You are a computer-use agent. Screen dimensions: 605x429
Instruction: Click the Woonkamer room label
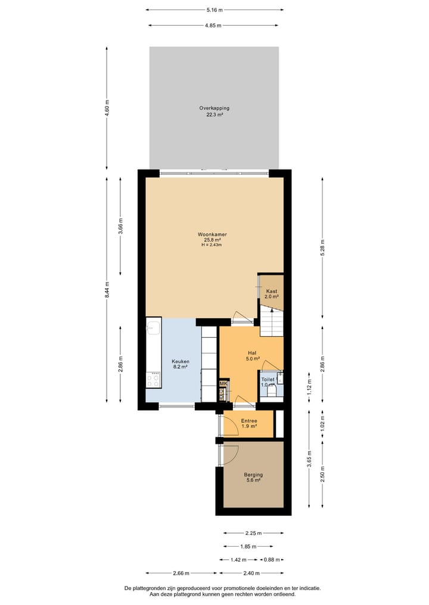(x=213, y=234)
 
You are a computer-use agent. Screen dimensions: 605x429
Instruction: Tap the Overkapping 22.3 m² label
(x=214, y=108)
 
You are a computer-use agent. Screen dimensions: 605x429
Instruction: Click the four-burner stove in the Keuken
(x=153, y=378)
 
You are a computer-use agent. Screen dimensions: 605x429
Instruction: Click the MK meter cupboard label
(x=223, y=384)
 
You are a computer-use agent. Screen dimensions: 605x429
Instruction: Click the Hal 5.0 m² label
(x=253, y=356)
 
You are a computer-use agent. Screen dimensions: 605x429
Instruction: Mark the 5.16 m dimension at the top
(x=214, y=10)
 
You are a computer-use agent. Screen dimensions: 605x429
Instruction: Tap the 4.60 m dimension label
(x=107, y=109)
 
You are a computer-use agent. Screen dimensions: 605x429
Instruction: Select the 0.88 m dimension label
(x=272, y=560)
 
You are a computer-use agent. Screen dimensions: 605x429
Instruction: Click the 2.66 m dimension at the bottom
(x=181, y=573)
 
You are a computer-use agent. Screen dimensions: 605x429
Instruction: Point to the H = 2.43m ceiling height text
(x=213, y=244)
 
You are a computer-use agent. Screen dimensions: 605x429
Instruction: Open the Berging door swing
(x=229, y=454)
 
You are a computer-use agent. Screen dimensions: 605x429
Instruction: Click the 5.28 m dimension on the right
(x=322, y=247)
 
